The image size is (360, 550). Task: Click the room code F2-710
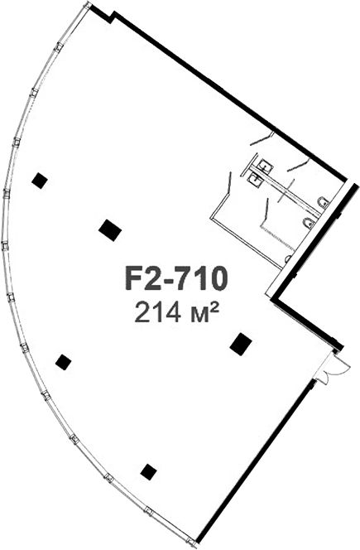coord(176,279)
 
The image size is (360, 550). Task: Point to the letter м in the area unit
coord(197,315)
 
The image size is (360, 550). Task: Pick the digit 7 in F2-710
coord(185,279)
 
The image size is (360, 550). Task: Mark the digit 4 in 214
coord(173,313)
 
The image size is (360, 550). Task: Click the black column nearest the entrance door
coord(241,344)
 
